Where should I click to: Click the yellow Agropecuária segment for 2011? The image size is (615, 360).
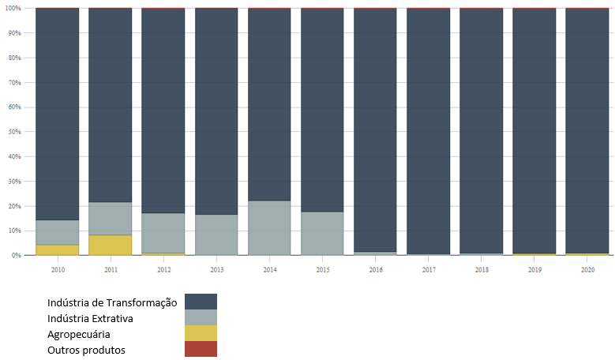110,245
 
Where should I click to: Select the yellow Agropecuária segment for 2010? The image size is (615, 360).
57,249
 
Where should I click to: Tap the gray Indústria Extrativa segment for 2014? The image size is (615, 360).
269,227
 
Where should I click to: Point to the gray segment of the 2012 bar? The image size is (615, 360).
163,233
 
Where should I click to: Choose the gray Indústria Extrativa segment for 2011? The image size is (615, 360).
110,219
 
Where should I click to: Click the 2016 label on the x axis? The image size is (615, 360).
375,269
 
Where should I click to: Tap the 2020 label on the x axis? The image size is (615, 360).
587,269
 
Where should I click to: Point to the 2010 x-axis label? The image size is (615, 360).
57,269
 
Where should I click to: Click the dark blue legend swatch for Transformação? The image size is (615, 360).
201,302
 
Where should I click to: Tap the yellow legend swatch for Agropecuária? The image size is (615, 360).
201,333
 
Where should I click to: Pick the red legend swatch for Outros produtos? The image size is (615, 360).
201,349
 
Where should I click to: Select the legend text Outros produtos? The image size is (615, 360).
86,350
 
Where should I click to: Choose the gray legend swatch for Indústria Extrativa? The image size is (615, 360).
201,317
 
